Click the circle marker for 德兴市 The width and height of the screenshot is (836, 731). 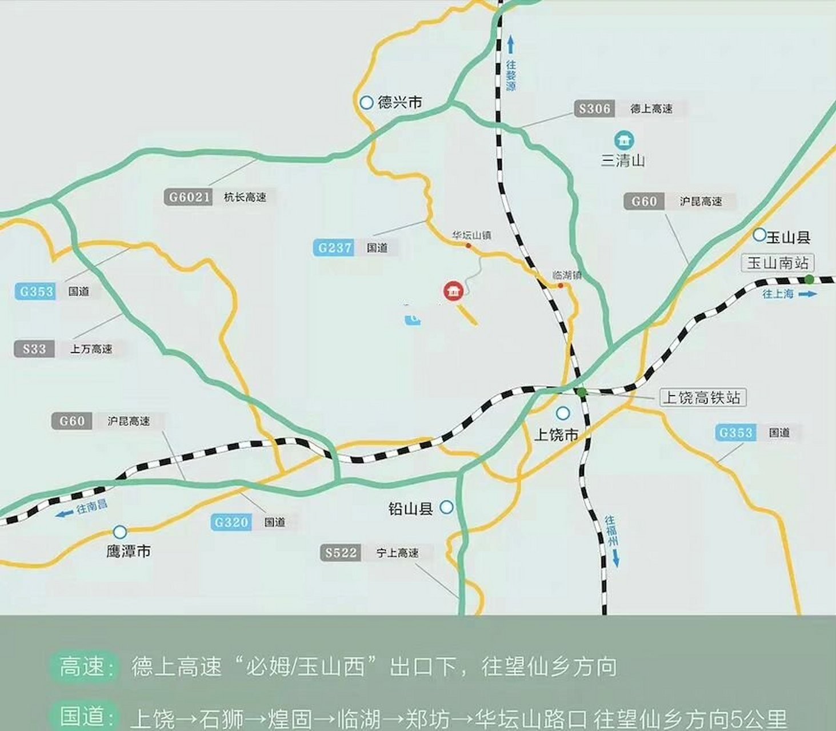click(x=366, y=102)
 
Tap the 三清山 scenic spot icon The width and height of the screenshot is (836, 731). click(x=623, y=140)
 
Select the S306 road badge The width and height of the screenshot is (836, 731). click(x=594, y=109)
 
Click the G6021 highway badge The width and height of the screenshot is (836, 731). click(x=189, y=197)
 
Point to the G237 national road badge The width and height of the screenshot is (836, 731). click(x=334, y=248)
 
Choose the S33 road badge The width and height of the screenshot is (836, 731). click(x=34, y=349)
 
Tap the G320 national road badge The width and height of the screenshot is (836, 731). click(x=231, y=522)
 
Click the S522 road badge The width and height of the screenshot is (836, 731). click(x=341, y=553)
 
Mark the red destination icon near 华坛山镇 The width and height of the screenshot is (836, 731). click(x=454, y=291)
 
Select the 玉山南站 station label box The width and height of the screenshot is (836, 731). click(x=778, y=263)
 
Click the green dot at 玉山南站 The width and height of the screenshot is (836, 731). click(x=809, y=279)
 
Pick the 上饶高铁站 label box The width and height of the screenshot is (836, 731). click(x=703, y=397)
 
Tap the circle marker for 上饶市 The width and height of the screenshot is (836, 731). click(x=563, y=413)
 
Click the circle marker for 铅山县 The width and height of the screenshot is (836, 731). click(x=446, y=507)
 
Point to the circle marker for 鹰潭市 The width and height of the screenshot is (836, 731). click(x=119, y=532)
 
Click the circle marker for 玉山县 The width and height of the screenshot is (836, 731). click(x=759, y=234)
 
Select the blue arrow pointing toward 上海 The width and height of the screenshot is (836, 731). click(x=807, y=294)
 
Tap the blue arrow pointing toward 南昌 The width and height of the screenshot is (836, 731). click(x=64, y=513)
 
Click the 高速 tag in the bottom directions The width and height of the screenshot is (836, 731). click(x=83, y=666)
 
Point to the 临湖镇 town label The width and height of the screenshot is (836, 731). click(x=566, y=275)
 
